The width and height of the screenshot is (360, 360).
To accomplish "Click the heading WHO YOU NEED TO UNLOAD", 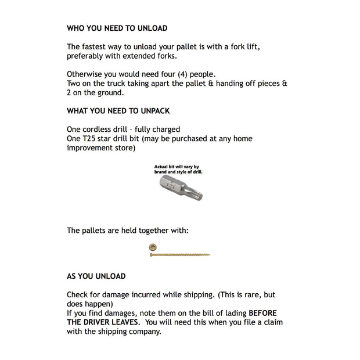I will pyautogui.click(x=117, y=28).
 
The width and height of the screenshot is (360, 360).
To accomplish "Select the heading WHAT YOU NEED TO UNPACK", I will pyautogui.click(x=118, y=111).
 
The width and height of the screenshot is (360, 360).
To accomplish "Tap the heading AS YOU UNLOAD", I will pyautogui.click(x=96, y=276).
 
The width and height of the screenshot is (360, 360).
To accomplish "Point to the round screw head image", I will pyautogui.click(x=152, y=247).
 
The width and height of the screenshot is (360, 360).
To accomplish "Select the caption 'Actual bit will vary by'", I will pyautogui.click(x=177, y=167).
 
